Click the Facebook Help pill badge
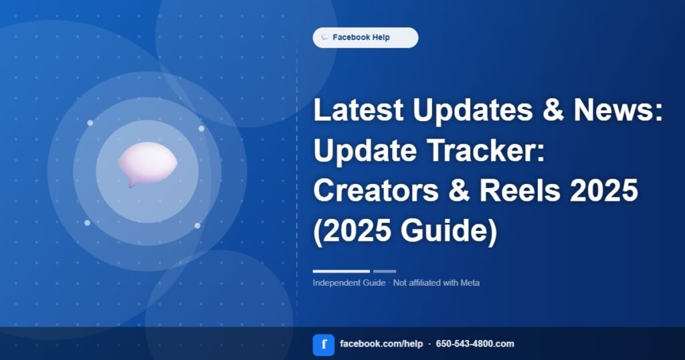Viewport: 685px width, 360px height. (x=365, y=37)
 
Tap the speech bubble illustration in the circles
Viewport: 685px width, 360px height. (x=148, y=164)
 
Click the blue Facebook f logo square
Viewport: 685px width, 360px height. (x=324, y=345)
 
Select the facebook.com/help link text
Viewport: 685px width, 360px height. (x=381, y=344)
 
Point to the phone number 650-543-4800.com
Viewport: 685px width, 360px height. (x=475, y=344)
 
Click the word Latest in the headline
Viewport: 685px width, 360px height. (x=359, y=110)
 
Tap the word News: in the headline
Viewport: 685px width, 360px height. (x=618, y=110)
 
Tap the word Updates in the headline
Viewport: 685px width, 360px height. (x=473, y=110)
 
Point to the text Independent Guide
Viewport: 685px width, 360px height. (x=349, y=282)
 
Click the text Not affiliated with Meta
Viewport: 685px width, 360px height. (x=436, y=282)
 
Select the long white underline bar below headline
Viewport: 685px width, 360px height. (x=341, y=271)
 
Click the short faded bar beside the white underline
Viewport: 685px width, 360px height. (x=385, y=271)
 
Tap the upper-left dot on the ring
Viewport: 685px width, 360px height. (x=90, y=123)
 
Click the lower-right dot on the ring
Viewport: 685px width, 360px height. (x=197, y=226)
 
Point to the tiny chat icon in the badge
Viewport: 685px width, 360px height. (x=325, y=37)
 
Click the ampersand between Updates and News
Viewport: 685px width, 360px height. (x=553, y=110)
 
